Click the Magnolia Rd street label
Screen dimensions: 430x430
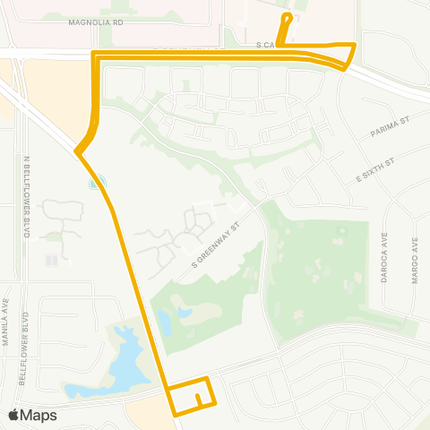click(94, 24)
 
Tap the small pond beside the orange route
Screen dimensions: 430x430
click(95, 184)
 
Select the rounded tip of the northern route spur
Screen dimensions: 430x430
click(287, 16)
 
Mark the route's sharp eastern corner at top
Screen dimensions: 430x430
click(356, 44)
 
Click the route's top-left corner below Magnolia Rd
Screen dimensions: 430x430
click(95, 56)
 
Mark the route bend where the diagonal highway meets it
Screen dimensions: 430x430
click(79, 153)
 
